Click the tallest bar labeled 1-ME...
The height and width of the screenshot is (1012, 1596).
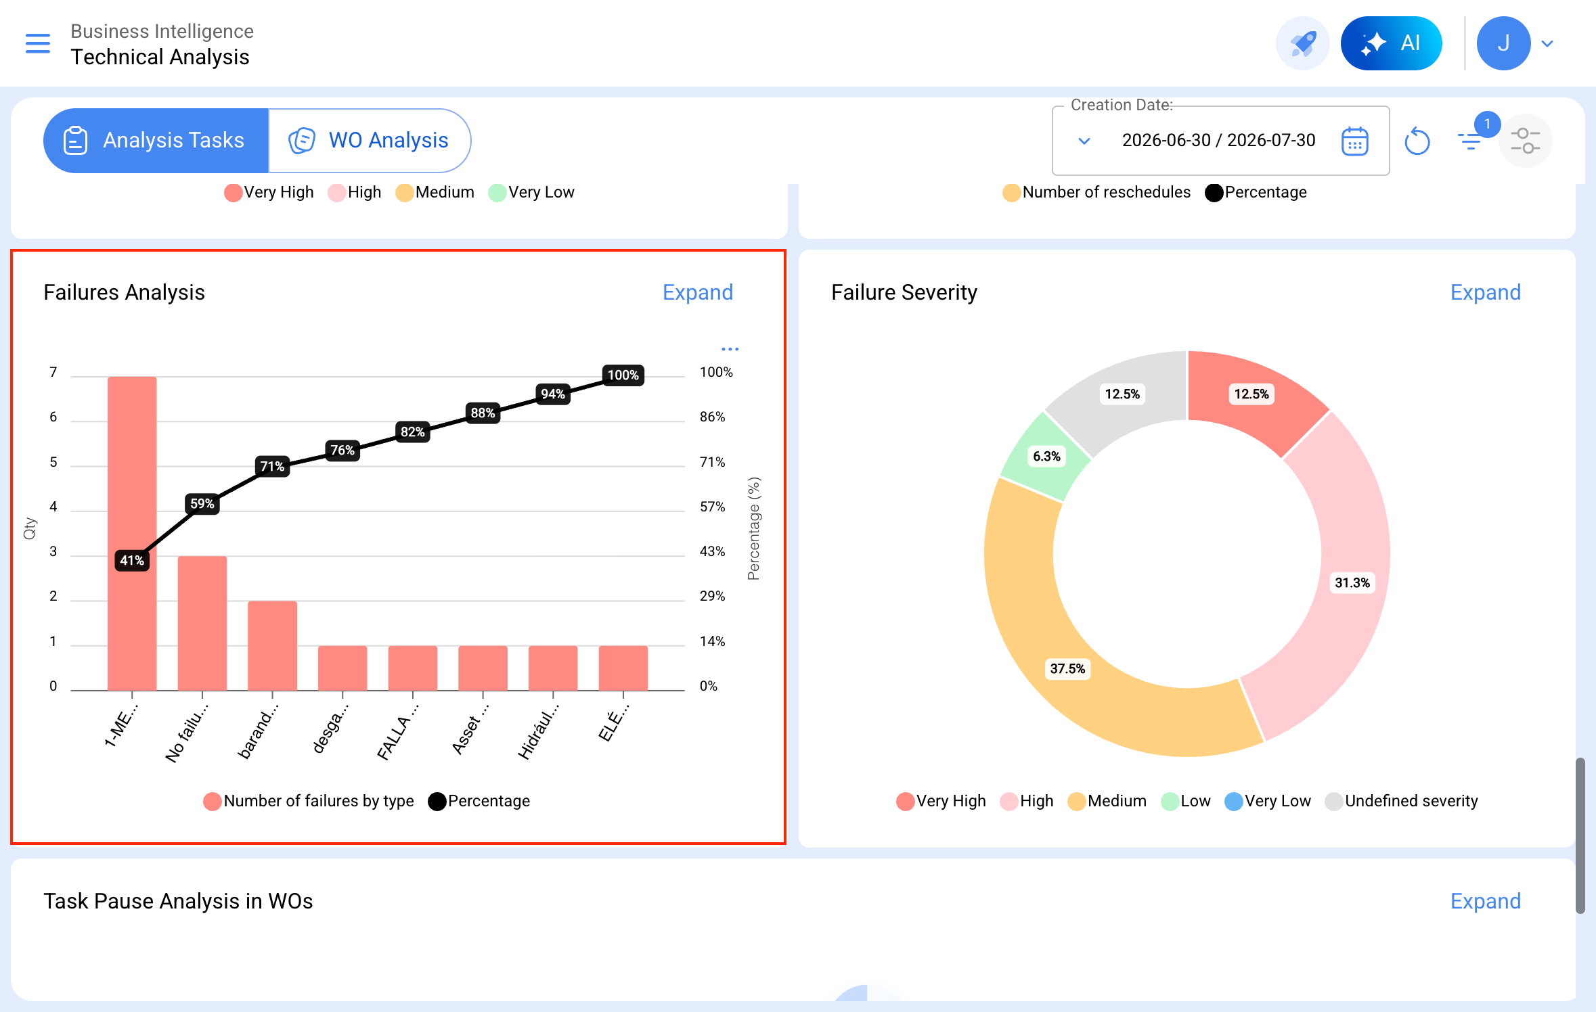(x=132, y=533)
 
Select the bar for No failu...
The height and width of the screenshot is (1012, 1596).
(x=202, y=623)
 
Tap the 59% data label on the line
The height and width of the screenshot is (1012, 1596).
(x=202, y=503)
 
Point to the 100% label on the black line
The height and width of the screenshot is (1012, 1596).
(x=623, y=375)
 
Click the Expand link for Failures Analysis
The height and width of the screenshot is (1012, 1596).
(x=698, y=292)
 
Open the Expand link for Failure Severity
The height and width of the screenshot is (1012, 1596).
(x=1486, y=292)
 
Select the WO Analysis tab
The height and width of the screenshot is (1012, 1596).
(x=370, y=140)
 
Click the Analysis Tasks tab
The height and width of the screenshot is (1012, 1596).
(x=156, y=140)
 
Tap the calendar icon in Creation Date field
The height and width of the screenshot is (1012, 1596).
(x=1355, y=141)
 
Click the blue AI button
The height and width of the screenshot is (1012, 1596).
(x=1392, y=43)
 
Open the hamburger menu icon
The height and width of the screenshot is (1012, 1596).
(x=38, y=43)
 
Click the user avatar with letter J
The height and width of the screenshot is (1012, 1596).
(x=1504, y=43)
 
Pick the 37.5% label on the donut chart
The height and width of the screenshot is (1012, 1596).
(x=1067, y=668)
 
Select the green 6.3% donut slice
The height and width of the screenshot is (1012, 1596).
(x=1044, y=456)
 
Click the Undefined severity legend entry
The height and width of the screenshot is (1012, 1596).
(x=1402, y=801)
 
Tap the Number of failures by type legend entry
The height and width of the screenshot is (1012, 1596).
(x=309, y=801)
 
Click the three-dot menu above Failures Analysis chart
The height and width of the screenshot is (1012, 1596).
(x=730, y=349)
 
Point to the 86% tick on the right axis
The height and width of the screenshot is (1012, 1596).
(x=712, y=417)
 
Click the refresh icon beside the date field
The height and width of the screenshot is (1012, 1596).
(x=1417, y=141)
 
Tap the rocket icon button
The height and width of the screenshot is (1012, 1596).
(x=1303, y=43)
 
